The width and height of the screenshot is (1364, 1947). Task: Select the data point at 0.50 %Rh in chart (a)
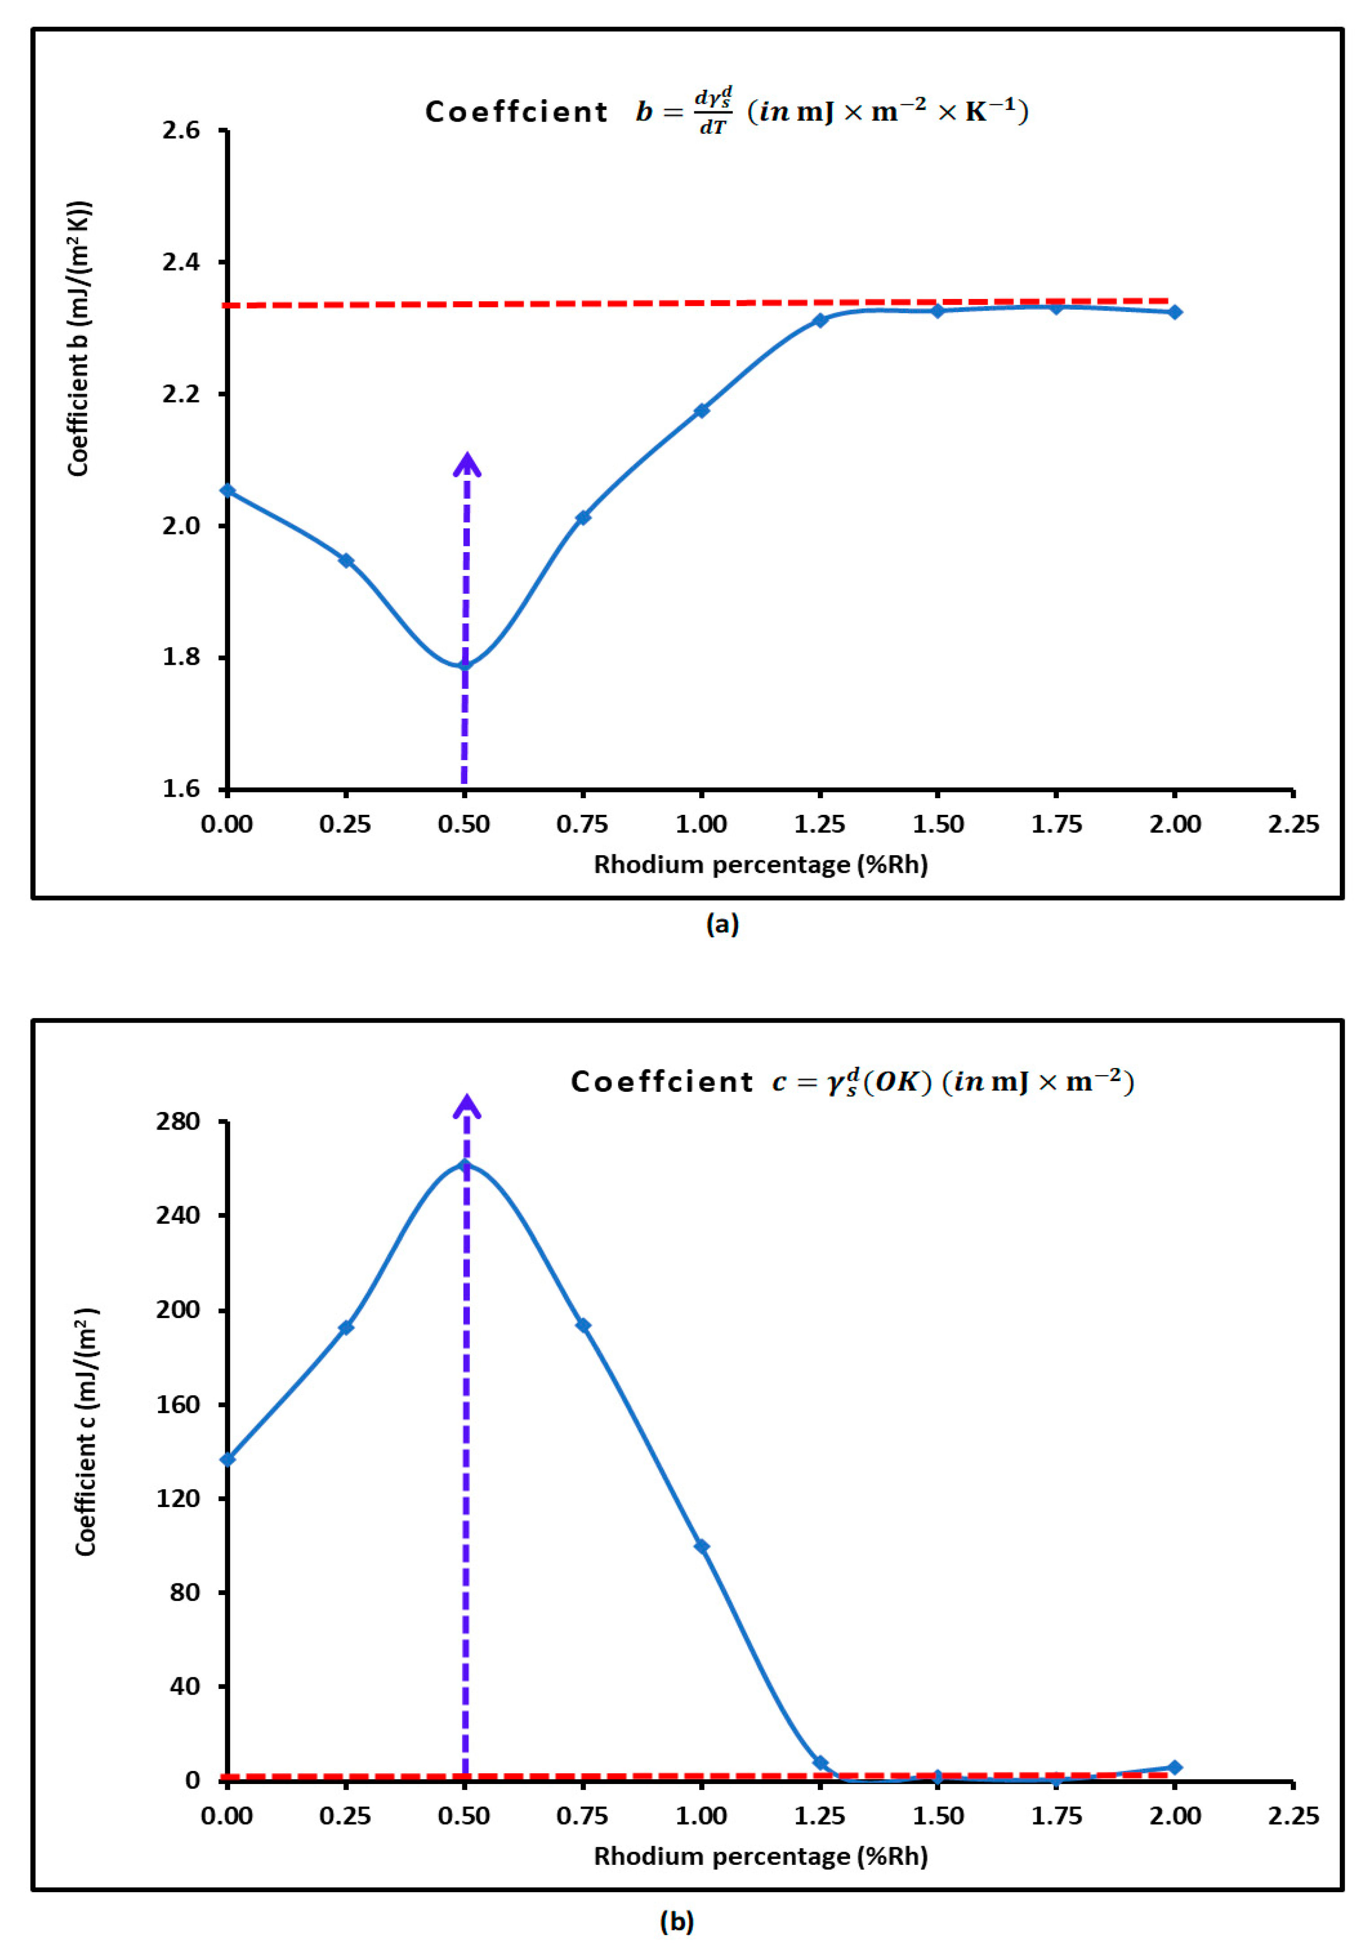464,664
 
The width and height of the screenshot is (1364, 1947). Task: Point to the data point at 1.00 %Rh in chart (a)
701,410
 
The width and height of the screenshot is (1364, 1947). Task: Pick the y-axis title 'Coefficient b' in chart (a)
79,339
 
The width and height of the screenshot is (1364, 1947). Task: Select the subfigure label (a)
721,923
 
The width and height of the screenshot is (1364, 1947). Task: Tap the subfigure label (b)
675,1921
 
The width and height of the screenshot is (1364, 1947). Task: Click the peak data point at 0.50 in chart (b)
464,1165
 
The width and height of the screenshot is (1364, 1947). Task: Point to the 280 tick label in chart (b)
177,1121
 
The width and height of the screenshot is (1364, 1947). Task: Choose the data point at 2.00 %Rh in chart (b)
1174,1767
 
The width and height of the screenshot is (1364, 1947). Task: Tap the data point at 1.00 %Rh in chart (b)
701,1547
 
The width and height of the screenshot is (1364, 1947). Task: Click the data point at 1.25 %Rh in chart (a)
820,320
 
